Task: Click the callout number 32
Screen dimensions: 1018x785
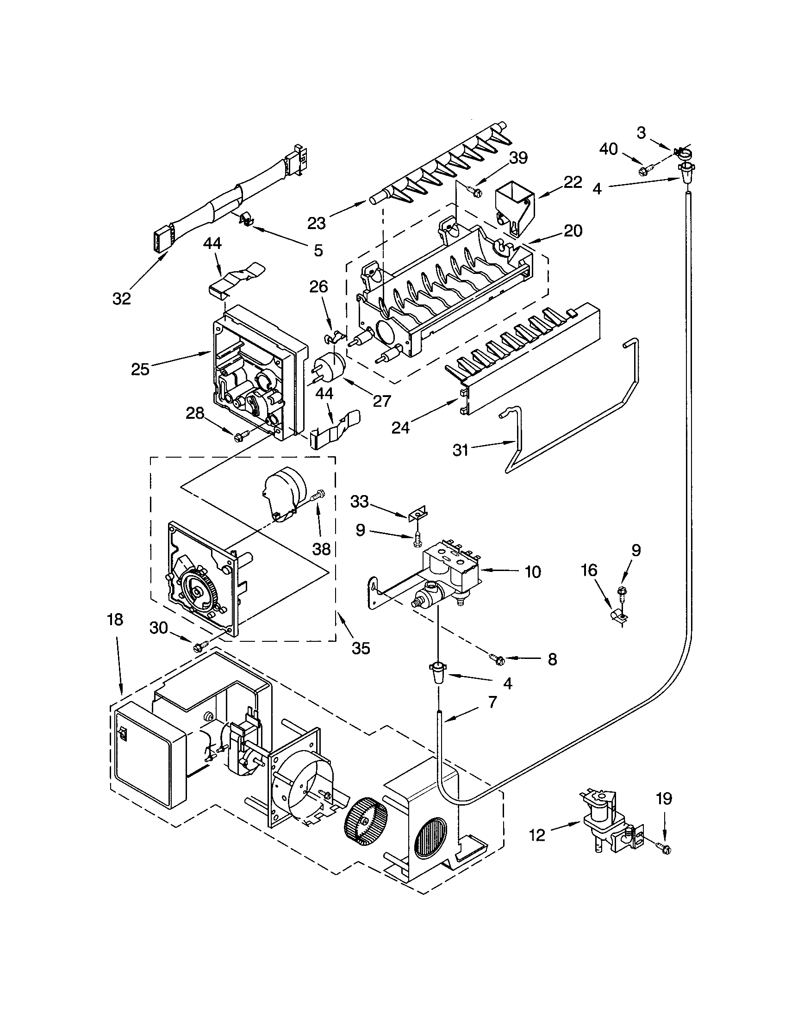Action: click(122, 298)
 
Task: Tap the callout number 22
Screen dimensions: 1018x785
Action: click(573, 182)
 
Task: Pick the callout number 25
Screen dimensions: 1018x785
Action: click(140, 369)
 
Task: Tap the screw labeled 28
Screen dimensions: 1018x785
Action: click(242, 436)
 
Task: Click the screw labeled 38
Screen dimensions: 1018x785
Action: click(318, 495)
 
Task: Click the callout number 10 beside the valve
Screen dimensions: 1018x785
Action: click(532, 571)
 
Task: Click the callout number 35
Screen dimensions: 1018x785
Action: click(361, 648)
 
